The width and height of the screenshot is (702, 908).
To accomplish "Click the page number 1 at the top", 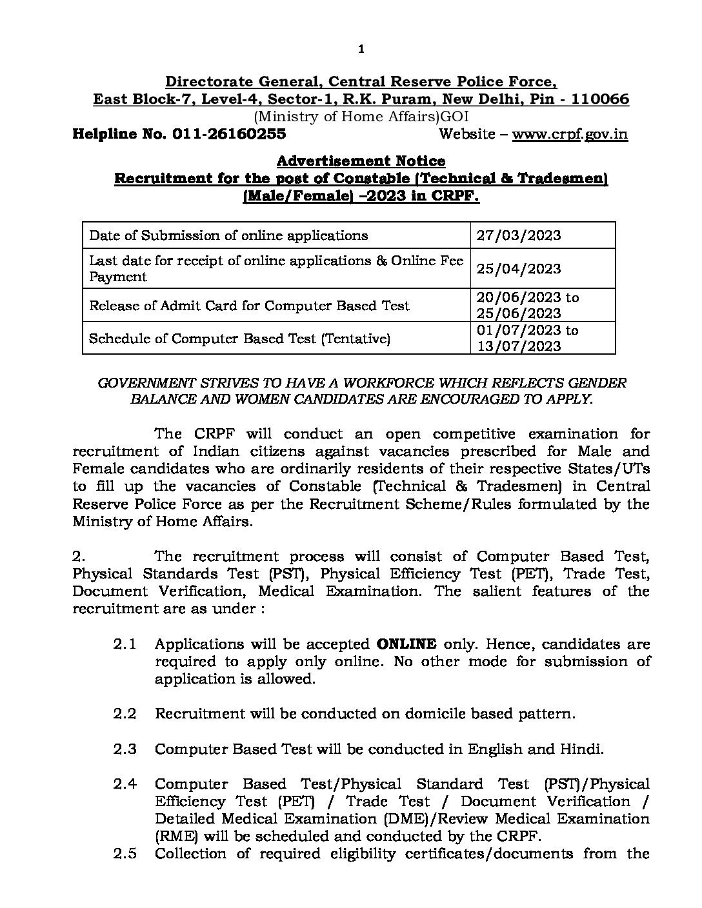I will (x=361, y=48).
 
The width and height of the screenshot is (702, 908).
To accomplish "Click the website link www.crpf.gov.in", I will (x=570, y=134).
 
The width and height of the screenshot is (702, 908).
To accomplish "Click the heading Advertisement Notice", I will (x=361, y=161).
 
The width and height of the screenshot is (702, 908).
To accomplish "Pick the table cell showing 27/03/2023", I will (x=519, y=235).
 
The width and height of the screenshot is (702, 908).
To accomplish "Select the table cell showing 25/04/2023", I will (x=519, y=269).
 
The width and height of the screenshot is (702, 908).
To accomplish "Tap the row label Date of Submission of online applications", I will (x=228, y=235).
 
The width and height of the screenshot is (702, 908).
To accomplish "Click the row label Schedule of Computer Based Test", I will (x=239, y=338).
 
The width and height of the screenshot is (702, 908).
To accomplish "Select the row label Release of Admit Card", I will (x=249, y=306).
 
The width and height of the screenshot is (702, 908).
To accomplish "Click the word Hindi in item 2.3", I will (x=584, y=749).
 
